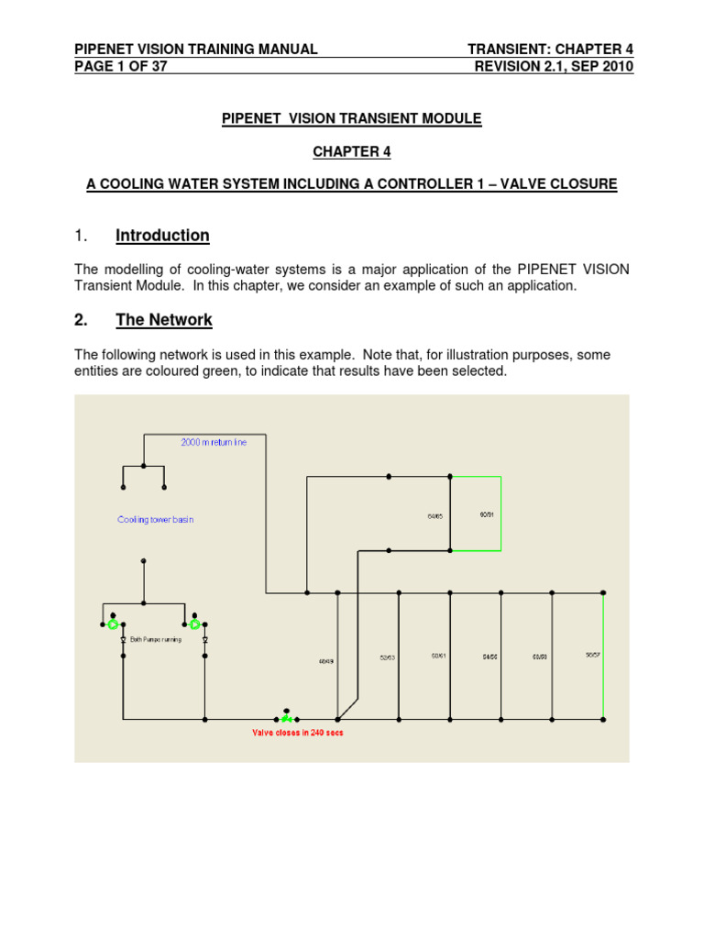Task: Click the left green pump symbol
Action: click(113, 624)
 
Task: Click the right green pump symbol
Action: click(194, 624)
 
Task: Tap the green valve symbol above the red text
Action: click(287, 719)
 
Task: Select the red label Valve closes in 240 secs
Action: click(298, 733)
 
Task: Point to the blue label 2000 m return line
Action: click(214, 442)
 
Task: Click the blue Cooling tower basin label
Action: click(156, 520)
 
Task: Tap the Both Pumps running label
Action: click(156, 639)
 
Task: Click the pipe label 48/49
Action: click(325, 660)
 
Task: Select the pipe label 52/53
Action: click(388, 657)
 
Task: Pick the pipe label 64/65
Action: click(434, 517)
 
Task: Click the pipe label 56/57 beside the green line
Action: click(592, 655)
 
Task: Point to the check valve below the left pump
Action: click(123, 639)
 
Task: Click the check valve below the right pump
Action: click(204, 639)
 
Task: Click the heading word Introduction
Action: click(162, 236)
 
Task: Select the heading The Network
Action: click(164, 320)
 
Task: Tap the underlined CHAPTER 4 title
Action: click(352, 151)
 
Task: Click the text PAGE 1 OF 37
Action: click(121, 66)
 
